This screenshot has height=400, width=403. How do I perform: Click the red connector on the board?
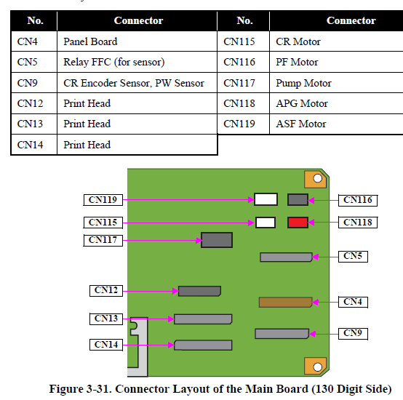pos(298,223)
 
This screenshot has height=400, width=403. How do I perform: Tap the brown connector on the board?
pos(285,303)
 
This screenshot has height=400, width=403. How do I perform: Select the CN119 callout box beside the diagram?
pos(103,200)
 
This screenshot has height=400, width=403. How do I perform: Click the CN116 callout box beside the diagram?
pos(358,200)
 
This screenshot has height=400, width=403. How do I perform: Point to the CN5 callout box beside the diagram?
pos(353,257)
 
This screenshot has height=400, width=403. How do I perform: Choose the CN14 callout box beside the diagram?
pos(106,345)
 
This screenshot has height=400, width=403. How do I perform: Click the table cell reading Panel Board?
pos(137,41)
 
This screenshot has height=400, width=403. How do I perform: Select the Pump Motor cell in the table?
pos(336,83)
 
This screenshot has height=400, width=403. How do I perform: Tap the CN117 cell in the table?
pos(244,83)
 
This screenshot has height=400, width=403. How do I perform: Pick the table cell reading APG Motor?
pos(336,103)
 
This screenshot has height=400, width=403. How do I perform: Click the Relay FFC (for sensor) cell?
pos(137,62)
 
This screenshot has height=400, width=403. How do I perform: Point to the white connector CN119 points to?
pos(266,199)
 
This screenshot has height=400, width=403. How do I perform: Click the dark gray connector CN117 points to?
pos(217,240)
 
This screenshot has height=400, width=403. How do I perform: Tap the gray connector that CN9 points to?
pos(282,334)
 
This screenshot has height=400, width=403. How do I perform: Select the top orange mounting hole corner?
pos(316,180)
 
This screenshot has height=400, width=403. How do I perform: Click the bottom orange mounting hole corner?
pos(316,366)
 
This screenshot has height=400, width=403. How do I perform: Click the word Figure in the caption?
pos(66,389)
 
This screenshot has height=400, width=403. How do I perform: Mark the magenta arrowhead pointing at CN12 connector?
pos(175,291)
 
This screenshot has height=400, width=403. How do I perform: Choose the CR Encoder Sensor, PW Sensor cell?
pos(137,83)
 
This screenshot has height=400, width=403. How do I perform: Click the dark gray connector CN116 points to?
pos(298,199)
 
